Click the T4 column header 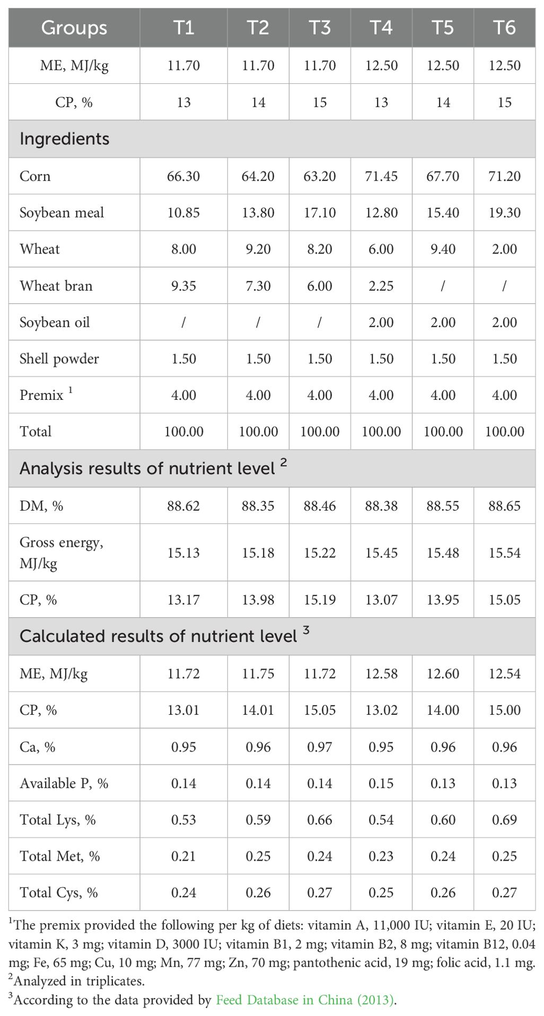[x=381, y=28]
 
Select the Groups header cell [x=74, y=28]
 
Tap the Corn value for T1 [x=183, y=176]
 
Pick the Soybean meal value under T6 [x=504, y=213]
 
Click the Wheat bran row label [x=56, y=286]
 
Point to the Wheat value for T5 [x=443, y=249]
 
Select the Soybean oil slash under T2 [x=258, y=322]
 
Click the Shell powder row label [x=59, y=359]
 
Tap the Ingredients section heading [x=65, y=139]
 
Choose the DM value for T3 [x=320, y=506]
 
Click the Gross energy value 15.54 [x=504, y=553]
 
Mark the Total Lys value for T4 [x=381, y=820]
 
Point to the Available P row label [x=64, y=783]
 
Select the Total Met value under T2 [x=258, y=856]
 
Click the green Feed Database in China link [x=305, y=1000]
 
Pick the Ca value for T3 [x=320, y=747]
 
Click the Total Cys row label [x=59, y=893]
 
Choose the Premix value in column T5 [x=443, y=395]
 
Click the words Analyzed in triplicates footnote [x=79, y=981]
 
